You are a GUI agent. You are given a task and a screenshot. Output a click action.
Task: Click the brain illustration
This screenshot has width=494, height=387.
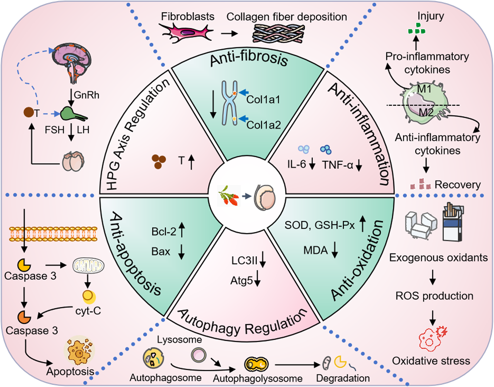click(72, 63)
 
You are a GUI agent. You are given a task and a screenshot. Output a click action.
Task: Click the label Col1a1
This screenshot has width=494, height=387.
click(263, 100)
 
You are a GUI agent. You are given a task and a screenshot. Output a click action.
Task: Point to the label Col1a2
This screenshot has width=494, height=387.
click(263, 125)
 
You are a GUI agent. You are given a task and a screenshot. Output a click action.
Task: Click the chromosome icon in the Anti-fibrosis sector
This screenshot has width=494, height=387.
click(229, 103)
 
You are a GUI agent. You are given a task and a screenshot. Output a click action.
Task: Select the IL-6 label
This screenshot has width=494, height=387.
click(297, 164)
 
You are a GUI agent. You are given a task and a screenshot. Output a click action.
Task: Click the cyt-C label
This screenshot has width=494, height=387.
click(88, 311)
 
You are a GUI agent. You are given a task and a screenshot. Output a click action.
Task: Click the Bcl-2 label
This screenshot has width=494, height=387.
click(164, 231)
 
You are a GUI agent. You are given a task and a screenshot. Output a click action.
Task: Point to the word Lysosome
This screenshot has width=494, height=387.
click(179, 339)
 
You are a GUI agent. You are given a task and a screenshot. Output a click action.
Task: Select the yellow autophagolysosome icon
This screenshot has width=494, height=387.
click(256, 364)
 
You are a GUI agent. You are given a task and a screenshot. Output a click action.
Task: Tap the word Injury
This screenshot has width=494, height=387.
click(430, 16)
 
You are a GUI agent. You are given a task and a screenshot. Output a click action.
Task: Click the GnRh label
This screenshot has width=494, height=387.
click(86, 95)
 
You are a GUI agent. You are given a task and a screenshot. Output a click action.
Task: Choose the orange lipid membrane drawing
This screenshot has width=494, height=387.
click(53, 234)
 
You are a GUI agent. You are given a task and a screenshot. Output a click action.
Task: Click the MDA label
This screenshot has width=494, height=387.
click(315, 250)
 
